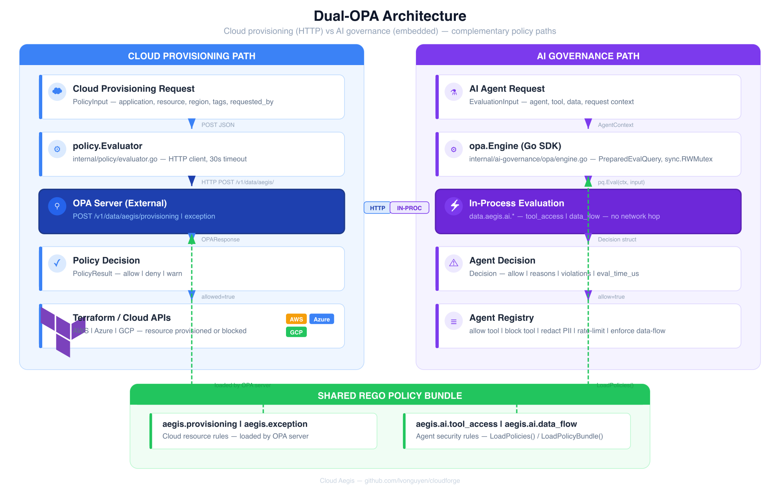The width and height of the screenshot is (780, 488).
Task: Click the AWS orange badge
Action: point(296,319)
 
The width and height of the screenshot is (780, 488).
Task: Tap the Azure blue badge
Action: point(321,319)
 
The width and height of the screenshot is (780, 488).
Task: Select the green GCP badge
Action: point(296,332)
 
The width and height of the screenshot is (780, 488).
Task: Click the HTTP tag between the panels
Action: point(377,208)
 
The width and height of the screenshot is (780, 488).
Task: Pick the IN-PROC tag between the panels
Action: point(409,208)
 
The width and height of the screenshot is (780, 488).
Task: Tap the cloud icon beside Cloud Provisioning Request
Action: point(57,91)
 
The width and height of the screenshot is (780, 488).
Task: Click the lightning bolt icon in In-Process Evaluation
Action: point(454,206)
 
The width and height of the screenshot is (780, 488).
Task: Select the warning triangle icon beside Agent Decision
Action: point(454,263)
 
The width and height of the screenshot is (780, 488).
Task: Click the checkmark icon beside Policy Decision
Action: point(57,263)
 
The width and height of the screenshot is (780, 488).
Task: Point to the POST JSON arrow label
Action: point(218,125)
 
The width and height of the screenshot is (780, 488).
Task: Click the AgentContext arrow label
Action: point(615,125)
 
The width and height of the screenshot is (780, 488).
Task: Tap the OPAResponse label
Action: point(220,240)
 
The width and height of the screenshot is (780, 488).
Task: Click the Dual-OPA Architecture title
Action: point(390,16)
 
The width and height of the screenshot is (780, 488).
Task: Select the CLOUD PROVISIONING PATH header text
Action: point(191,56)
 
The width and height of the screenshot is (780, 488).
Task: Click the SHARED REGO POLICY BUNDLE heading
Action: point(390,396)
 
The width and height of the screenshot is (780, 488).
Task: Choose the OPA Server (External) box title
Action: point(120,203)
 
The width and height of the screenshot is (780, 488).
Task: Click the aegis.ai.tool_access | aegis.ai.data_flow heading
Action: point(496,424)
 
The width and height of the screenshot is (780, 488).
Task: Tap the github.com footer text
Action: point(412,481)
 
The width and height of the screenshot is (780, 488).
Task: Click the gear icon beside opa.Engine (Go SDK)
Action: point(454,149)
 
